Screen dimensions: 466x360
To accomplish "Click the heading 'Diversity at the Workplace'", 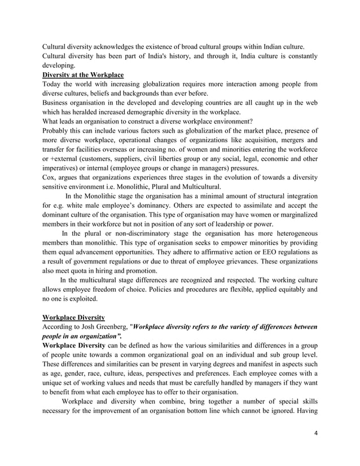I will click(83, 74).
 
